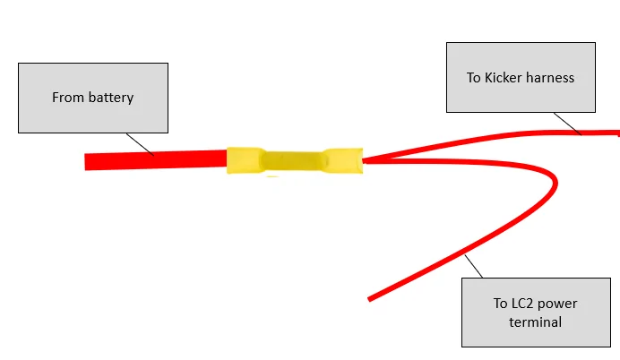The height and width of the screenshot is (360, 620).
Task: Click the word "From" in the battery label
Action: click(x=67, y=98)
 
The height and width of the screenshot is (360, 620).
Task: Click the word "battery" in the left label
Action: click(x=111, y=98)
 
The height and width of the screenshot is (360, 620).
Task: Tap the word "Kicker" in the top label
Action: click(x=503, y=77)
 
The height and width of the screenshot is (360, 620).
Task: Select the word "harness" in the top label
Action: click(x=550, y=77)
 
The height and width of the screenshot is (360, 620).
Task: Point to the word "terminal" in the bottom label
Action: click(x=536, y=322)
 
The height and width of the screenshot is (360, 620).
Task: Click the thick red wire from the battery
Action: click(x=156, y=159)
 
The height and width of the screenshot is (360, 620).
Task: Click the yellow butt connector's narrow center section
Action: click(x=294, y=161)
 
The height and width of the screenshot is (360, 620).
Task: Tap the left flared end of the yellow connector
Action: click(x=245, y=160)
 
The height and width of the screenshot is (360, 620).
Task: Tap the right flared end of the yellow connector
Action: click(x=343, y=160)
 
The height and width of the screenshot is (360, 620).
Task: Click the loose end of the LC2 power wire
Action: click(x=370, y=299)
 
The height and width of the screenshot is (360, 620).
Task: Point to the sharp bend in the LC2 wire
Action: click(x=555, y=182)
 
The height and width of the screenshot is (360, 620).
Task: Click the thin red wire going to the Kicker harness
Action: click(x=490, y=138)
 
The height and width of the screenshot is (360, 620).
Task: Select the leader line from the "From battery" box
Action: click(x=140, y=144)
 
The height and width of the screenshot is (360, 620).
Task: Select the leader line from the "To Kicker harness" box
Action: click(x=568, y=124)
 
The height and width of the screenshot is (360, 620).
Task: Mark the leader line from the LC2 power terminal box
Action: click(x=474, y=266)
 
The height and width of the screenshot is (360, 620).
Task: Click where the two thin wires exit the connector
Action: click(x=364, y=160)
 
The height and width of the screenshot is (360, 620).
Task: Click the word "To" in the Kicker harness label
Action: click(x=474, y=77)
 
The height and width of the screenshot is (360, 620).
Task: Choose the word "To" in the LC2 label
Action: click(x=501, y=304)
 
